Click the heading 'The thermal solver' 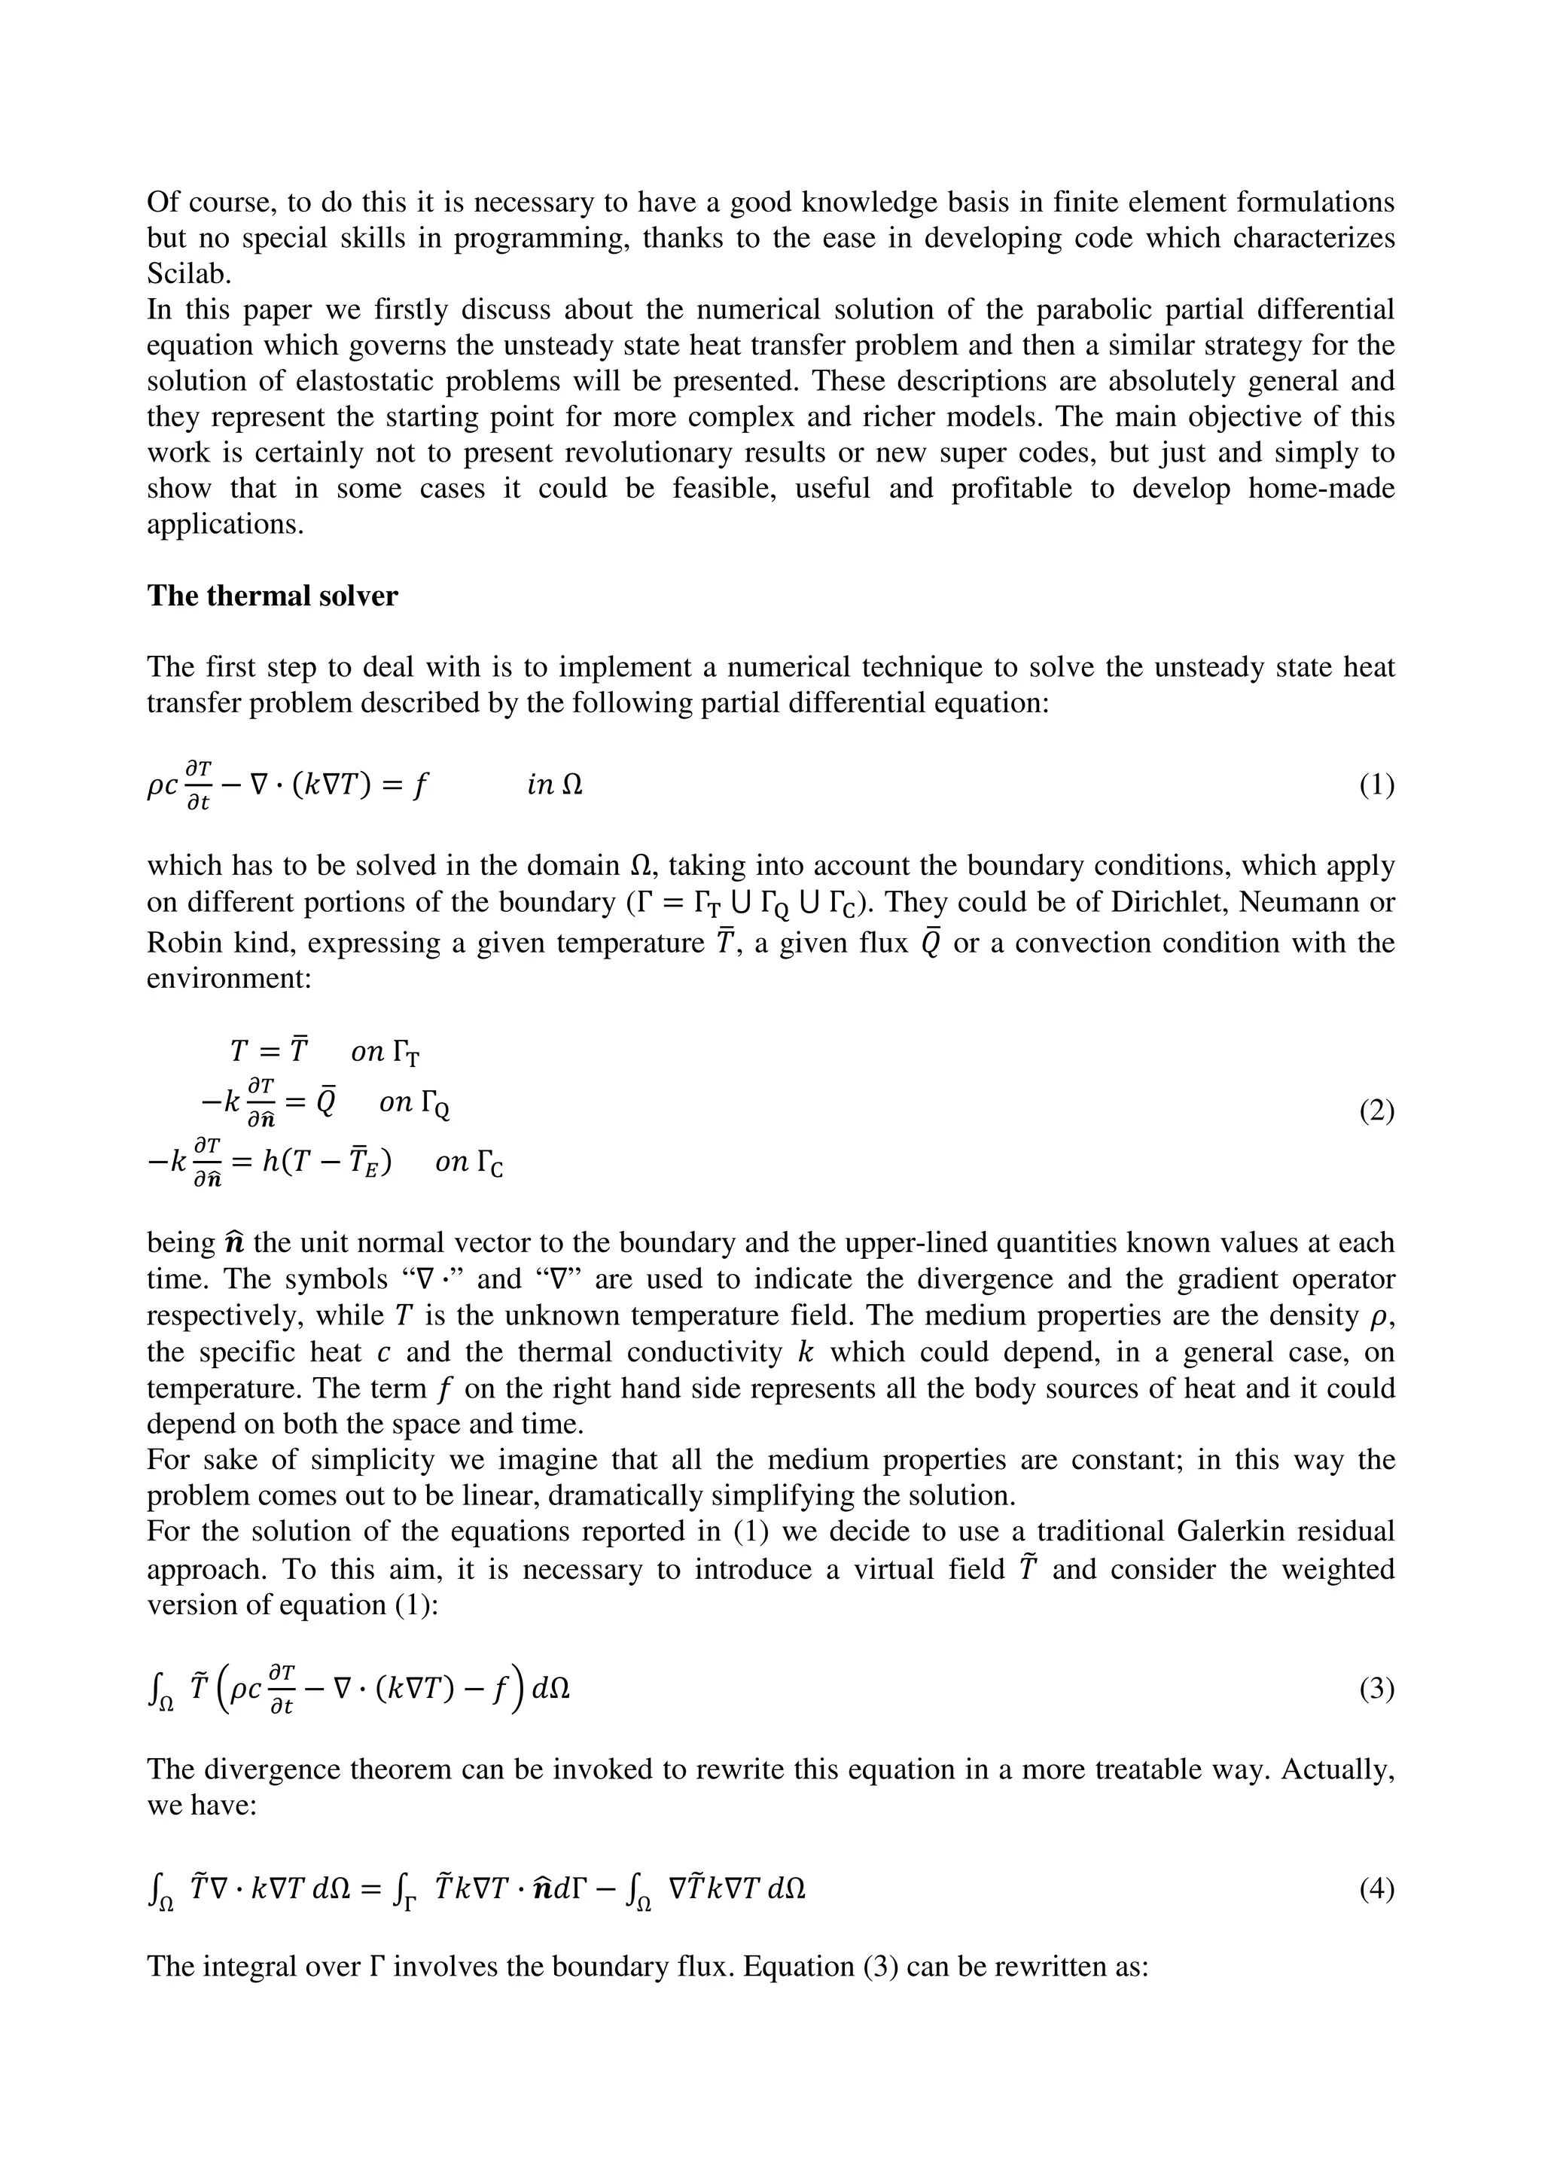click(272, 596)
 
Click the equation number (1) click(1376, 785)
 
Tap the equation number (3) click(1376, 1689)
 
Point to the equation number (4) click(1376, 1889)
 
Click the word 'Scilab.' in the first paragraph click(189, 274)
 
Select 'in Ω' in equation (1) click(555, 785)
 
